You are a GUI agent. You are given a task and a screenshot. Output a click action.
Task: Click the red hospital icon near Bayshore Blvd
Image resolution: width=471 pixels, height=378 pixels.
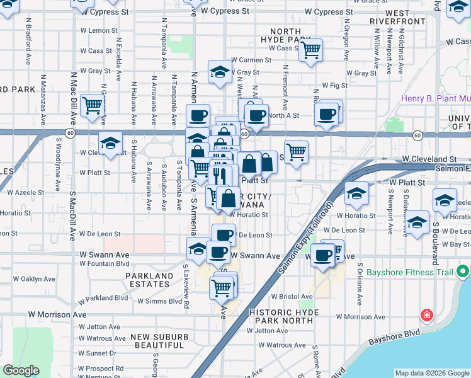coord(427,314)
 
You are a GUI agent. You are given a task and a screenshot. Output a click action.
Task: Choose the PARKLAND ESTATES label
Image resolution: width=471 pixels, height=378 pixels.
coord(149,280)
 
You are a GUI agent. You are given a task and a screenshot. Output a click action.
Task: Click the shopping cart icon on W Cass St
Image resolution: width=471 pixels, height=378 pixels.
coord(310,50)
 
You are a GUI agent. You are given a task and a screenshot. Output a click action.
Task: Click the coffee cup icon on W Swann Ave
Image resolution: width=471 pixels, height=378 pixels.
coord(218,252)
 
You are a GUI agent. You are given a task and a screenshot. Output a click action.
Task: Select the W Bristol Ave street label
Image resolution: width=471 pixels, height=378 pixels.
coord(292,296)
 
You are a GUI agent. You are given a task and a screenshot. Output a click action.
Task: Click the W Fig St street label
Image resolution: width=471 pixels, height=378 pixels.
coord(334,84)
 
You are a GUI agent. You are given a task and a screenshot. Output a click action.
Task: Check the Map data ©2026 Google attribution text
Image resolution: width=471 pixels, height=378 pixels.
coord(432,372)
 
